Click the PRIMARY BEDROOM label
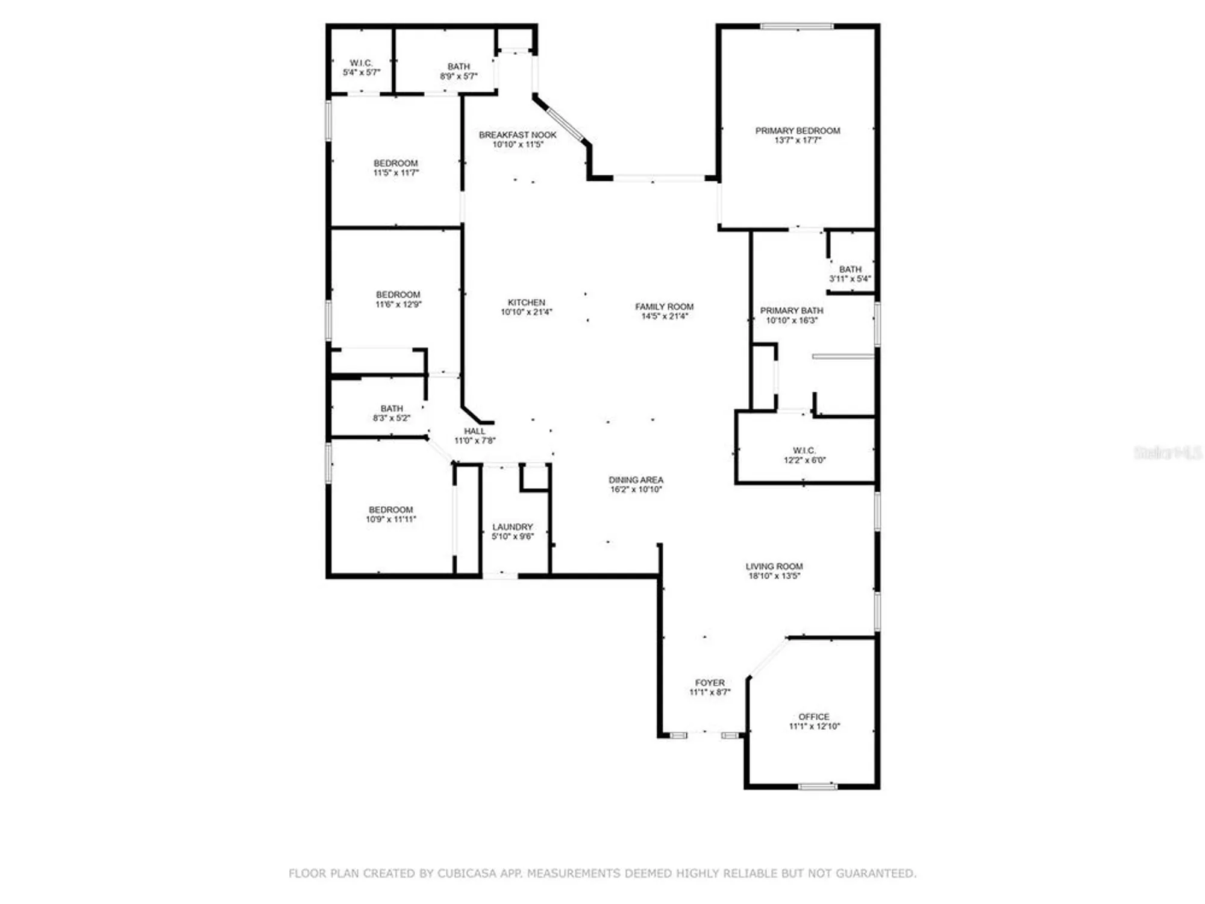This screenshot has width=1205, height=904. (797, 131)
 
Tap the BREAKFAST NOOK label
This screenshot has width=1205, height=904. (518, 135)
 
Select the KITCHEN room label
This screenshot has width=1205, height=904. (526, 303)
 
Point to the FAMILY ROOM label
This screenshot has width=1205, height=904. (664, 307)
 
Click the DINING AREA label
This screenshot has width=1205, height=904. (636, 480)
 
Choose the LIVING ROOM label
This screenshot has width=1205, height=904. (774, 567)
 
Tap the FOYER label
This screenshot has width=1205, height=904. (710, 683)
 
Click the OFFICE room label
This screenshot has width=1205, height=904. (813, 717)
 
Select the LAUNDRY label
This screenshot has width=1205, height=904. (512, 527)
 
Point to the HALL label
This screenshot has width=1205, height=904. (474, 432)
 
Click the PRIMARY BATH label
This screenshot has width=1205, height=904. (791, 311)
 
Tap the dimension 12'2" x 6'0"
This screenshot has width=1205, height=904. (804, 460)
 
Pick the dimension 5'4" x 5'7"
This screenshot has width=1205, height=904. (361, 73)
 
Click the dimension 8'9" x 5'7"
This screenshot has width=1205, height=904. (459, 77)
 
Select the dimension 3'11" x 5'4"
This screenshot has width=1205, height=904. (850, 279)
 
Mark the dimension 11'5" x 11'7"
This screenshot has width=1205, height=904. (396, 173)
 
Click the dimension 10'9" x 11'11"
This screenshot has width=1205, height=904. (390, 519)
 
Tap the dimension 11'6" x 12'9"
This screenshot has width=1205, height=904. (398, 305)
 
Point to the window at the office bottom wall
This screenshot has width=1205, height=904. (817, 786)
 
